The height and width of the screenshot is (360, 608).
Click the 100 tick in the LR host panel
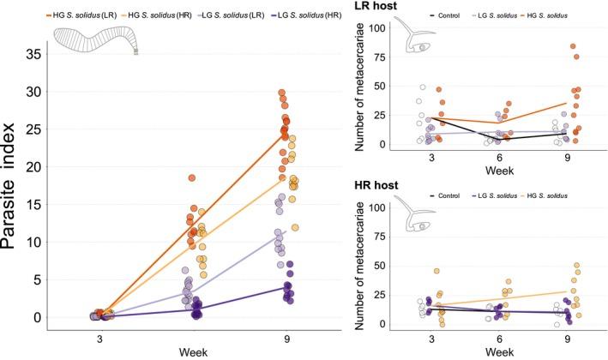click(x=371, y=28)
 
